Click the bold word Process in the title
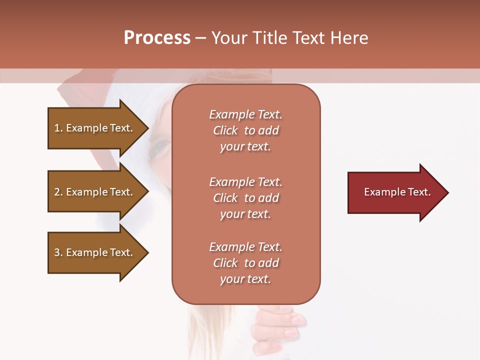pyautogui.click(x=157, y=38)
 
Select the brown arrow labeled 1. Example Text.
pyautogui.click(x=95, y=128)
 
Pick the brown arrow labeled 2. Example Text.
pyautogui.click(x=95, y=192)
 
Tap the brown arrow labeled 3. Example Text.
pyautogui.click(x=95, y=252)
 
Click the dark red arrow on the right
pyautogui.click(x=395, y=192)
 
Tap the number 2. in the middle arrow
pyautogui.click(x=58, y=192)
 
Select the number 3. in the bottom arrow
pyautogui.click(x=58, y=252)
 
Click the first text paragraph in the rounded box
pyautogui.click(x=245, y=130)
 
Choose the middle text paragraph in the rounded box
pyautogui.click(x=245, y=198)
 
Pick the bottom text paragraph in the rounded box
pyautogui.click(x=245, y=263)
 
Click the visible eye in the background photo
pyautogui.click(x=161, y=146)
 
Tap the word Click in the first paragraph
pyautogui.click(x=225, y=130)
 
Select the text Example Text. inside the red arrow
pyautogui.click(x=397, y=192)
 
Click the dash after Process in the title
pyautogui.click(x=200, y=38)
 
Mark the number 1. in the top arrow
pyautogui.click(x=58, y=128)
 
